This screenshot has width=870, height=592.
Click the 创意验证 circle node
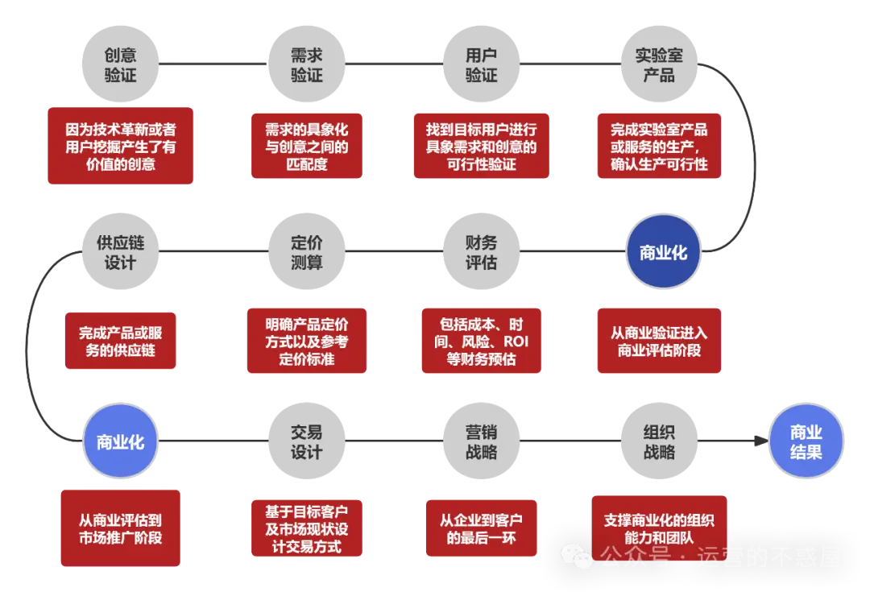pyautogui.click(x=120, y=64)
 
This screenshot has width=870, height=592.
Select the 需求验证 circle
pyautogui.click(x=306, y=64)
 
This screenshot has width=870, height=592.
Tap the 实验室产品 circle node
pyautogui.click(x=659, y=64)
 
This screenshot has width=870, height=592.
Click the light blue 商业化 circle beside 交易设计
pyautogui.click(x=120, y=441)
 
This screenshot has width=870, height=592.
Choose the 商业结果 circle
pyautogui.click(x=806, y=441)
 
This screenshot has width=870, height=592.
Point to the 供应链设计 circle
pyautogui.click(x=120, y=252)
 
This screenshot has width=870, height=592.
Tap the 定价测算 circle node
pyautogui.click(x=306, y=252)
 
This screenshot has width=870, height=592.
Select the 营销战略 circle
pyautogui.click(x=481, y=441)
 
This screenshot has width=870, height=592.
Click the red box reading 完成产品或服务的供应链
pyautogui.click(x=121, y=342)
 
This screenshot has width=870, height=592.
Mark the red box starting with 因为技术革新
pyautogui.click(x=120, y=146)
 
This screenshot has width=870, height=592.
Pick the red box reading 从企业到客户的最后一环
pyautogui.click(x=481, y=528)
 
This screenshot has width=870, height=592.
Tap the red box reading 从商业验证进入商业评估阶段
pyautogui.click(x=659, y=342)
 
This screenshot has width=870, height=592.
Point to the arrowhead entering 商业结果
pyautogui.click(x=760, y=441)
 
